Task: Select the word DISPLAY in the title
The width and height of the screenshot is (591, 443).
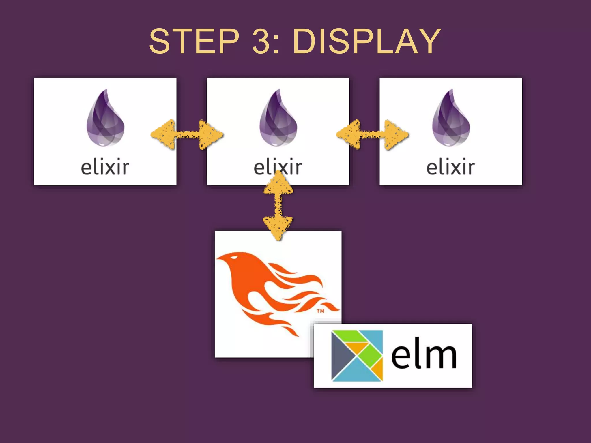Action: coord(366,41)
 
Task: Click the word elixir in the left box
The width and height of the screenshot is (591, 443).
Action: coord(105,167)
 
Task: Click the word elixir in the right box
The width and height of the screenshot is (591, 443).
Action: coord(450,167)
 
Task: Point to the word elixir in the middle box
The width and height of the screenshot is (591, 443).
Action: coord(278,167)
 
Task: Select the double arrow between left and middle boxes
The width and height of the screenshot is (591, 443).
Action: coord(187,135)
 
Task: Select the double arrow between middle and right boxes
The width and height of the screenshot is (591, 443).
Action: coord(373,135)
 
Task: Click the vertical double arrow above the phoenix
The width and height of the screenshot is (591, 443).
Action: coord(278,205)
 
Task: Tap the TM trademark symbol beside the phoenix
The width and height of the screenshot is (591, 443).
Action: coord(320,311)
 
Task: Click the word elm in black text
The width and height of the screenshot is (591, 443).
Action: coord(424,355)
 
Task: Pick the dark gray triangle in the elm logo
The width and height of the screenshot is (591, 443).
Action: coord(341,355)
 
